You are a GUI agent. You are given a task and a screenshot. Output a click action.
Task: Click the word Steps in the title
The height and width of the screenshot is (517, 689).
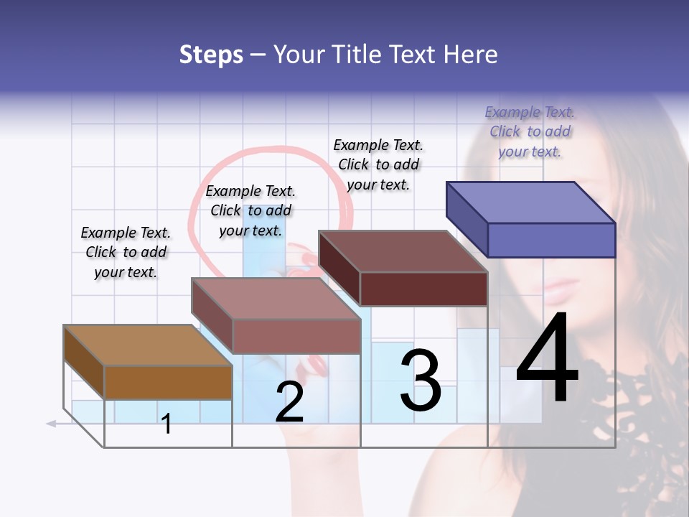[211, 55]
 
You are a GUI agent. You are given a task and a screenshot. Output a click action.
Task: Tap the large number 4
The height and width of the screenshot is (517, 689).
[547, 359]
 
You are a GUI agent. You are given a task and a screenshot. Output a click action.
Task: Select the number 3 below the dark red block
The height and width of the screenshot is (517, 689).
[421, 381]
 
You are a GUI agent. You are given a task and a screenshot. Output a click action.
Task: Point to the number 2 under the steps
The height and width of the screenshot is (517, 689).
[289, 403]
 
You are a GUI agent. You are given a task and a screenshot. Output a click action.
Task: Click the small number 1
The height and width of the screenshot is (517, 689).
[167, 424]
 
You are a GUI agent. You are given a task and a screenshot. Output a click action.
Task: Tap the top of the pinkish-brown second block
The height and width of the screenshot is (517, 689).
[276, 298]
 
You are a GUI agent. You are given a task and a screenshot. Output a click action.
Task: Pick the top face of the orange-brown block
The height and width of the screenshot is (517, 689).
[148, 345]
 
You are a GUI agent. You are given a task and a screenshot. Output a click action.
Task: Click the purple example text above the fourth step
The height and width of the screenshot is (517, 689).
[530, 131]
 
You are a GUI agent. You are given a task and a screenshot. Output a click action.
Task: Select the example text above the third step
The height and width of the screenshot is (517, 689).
[378, 164]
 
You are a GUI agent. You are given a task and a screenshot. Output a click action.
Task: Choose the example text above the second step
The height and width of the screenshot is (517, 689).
[250, 210]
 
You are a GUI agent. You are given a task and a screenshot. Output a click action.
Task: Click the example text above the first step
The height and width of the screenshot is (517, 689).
[126, 252]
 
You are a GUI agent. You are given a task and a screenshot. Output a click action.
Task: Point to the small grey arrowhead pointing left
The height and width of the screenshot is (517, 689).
[51, 424]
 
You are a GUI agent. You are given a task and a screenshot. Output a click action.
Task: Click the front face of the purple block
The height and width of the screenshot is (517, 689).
[551, 240]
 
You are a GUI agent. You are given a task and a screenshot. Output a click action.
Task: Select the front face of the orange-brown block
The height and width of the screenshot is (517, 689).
[168, 382]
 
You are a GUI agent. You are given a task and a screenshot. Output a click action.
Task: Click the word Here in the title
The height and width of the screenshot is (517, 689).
[470, 55]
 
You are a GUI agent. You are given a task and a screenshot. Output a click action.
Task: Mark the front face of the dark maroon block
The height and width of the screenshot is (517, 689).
[423, 289]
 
